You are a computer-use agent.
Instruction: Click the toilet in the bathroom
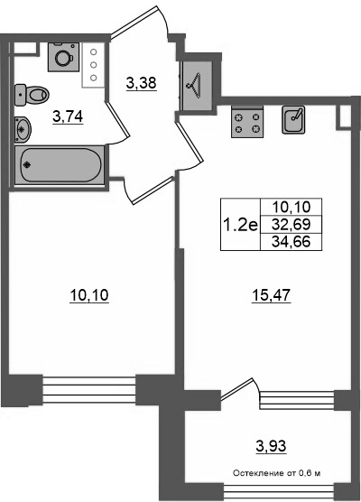(32, 94)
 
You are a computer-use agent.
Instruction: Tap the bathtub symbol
(60, 165)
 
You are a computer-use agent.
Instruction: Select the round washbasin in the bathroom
(23, 130)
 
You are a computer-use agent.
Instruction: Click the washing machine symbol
(64, 57)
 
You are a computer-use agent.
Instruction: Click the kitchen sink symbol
(293, 120)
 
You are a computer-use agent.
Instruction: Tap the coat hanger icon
(194, 85)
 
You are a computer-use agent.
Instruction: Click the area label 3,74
(68, 116)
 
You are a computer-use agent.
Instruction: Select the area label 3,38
(141, 83)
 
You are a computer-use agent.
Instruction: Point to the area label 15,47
(271, 295)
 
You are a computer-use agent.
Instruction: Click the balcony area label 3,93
(271, 445)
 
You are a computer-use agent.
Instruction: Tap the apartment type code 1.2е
(241, 226)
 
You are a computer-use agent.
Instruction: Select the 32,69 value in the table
(292, 225)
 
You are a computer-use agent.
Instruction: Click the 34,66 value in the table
(292, 242)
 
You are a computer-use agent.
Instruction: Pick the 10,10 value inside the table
(292, 207)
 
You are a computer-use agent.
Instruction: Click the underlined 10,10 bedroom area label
(89, 295)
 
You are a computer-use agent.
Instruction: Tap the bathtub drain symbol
(27, 165)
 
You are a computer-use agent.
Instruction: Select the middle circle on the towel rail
(94, 65)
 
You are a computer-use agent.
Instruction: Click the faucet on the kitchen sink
(297, 114)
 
